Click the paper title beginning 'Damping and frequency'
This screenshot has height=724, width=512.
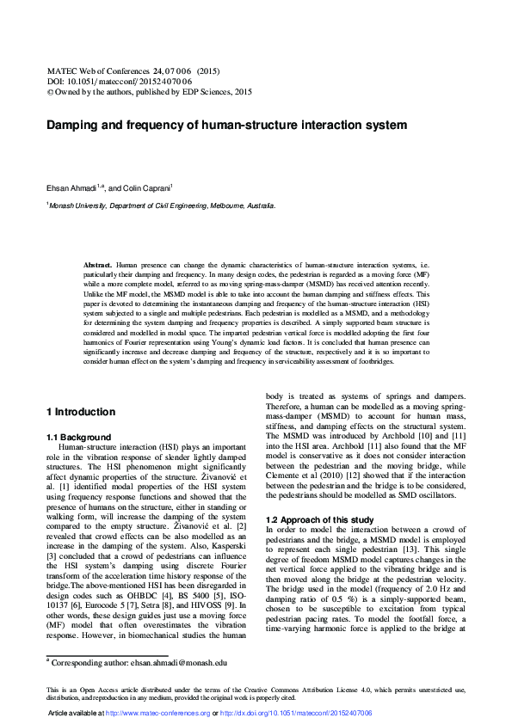pyautogui.click(x=225, y=125)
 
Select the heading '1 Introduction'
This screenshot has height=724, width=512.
pyautogui.click(x=80, y=412)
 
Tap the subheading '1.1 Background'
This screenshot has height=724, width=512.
pyautogui.click(x=78, y=438)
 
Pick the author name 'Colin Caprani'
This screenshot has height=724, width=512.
pyautogui.click(x=150, y=187)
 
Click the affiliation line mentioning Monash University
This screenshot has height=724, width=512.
pyautogui.click(x=161, y=206)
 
